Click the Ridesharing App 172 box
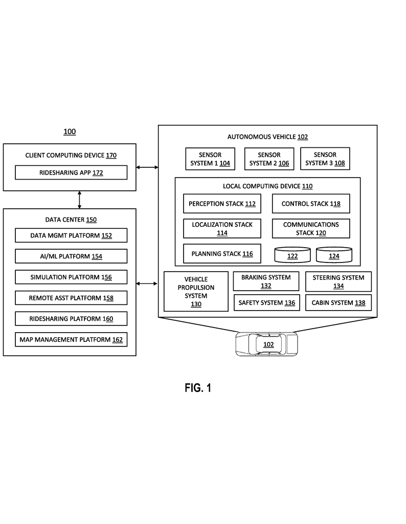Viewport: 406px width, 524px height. click(x=71, y=172)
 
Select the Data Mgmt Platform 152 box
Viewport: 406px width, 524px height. click(x=71, y=235)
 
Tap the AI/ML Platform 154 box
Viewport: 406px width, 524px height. click(x=71, y=256)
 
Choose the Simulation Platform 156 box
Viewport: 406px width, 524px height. click(x=71, y=277)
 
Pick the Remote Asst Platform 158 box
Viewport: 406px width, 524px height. click(x=71, y=298)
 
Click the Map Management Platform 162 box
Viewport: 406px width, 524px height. click(x=71, y=340)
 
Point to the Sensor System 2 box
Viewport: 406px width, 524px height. click(x=269, y=159)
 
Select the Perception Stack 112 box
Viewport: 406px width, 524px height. click(x=222, y=204)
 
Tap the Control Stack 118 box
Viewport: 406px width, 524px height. click(x=311, y=204)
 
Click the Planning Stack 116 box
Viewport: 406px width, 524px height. click(x=222, y=254)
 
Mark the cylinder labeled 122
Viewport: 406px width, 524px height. click(x=292, y=255)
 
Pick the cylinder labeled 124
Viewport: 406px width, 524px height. click(x=334, y=255)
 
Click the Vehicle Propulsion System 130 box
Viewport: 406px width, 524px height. click(x=196, y=291)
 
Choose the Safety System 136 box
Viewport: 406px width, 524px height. click(x=267, y=302)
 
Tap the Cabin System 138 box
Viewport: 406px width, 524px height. click(x=338, y=302)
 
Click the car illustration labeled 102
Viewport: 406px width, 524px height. click(x=267, y=344)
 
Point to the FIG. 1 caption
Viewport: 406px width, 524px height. click(x=198, y=388)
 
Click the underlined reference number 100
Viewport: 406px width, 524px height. click(x=70, y=132)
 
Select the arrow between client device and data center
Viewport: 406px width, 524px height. click(x=79, y=200)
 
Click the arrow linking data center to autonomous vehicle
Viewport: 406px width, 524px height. click(x=147, y=283)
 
